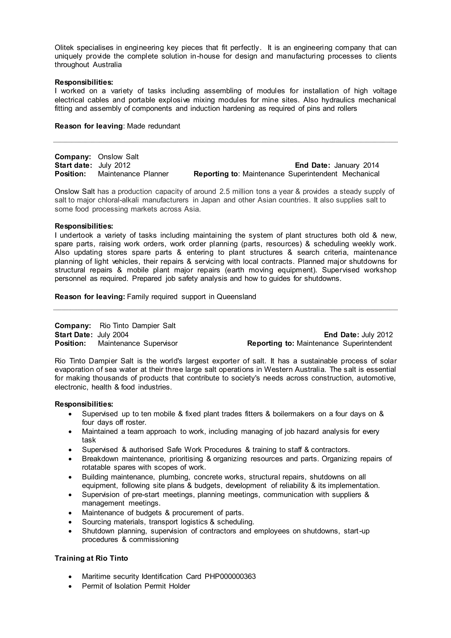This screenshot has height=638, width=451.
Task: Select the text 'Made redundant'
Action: click(x=153, y=126)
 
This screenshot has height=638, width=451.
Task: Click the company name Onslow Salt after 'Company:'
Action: click(x=118, y=157)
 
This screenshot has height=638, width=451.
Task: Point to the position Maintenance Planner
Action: click(x=133, y=174)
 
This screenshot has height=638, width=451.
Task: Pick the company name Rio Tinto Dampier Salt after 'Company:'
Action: click(x=137, y=326)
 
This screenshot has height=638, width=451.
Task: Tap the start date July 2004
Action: click(x=113, y=335)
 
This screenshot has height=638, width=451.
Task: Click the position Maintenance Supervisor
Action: click(x=138, y=343)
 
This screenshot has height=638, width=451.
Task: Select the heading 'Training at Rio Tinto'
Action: click(x=91, y=558)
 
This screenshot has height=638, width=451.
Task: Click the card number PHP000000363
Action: click(x=230, y=576)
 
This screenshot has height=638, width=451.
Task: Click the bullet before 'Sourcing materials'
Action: click(x=70, y=522)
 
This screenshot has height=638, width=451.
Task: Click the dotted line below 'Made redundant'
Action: click(x=225, y=142)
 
